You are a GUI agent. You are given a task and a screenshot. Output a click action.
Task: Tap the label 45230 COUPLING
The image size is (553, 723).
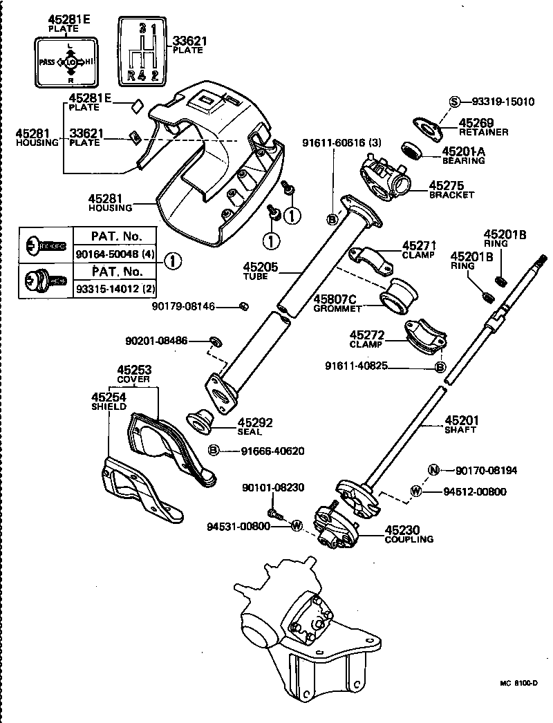[x=409, y=534]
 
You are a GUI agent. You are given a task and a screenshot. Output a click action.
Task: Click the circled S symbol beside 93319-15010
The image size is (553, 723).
[x=454, y=101]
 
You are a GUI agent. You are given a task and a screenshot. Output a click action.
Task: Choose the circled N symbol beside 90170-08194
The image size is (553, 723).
[x=433, y=471]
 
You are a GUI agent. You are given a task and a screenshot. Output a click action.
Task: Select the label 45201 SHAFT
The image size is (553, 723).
[x=461, y=424]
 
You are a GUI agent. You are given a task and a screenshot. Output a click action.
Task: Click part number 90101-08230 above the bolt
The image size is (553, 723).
[x=273, y=487]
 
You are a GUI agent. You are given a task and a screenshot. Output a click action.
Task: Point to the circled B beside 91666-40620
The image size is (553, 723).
[x=214, y=451]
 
